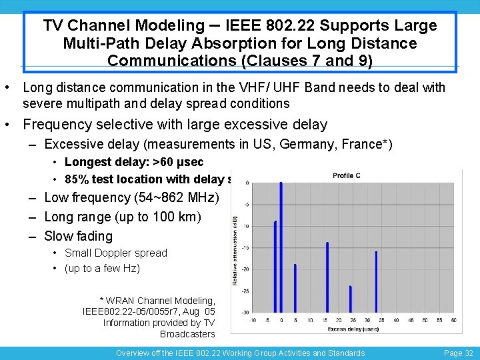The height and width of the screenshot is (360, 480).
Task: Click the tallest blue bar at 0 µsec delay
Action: click(x=281, y=247)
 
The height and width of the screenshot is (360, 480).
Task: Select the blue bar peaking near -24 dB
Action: click(x=350, y=299)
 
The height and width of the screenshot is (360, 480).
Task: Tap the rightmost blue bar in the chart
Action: click(x=376, y=281)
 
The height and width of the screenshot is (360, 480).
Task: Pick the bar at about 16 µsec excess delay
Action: click(x=327, y=277)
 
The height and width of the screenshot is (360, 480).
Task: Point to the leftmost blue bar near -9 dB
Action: click(x=275, y=267)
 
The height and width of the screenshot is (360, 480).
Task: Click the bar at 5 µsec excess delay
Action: click(x=295, y=288)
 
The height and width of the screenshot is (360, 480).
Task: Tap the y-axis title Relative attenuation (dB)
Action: click(x=235, y=249)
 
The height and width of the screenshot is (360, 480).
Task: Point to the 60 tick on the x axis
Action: click(x=453, y=321)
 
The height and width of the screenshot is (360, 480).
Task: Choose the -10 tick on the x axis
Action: click(x=251, y=321)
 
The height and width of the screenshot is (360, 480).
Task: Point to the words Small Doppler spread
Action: click(x=115, y=253)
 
